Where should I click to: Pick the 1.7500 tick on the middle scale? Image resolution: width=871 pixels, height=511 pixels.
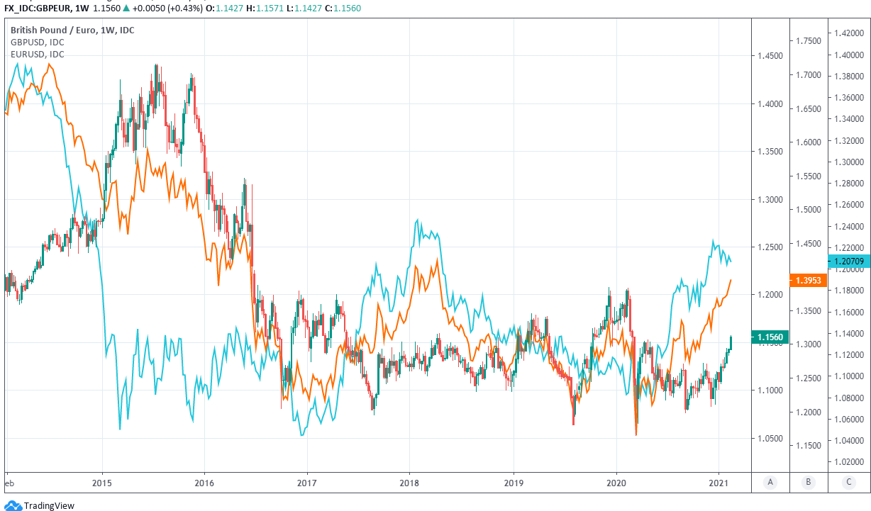(808, 41)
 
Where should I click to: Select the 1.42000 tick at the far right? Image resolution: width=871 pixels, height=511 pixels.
(849, 33)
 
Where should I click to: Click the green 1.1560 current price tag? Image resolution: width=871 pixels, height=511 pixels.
(769, 337)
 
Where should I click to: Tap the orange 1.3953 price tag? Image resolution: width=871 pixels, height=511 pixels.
(808, 281)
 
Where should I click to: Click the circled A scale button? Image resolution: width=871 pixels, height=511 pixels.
(770, 482)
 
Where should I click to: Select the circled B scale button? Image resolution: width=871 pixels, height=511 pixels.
(809, 482)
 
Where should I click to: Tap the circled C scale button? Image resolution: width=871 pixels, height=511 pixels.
(848, 482)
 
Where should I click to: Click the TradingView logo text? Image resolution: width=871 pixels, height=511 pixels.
(49, 505)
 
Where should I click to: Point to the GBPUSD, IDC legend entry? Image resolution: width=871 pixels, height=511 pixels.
(37, 43)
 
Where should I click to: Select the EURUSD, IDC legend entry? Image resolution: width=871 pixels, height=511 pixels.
(37, 54)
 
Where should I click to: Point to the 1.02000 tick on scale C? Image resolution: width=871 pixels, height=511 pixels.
(849, 462)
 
